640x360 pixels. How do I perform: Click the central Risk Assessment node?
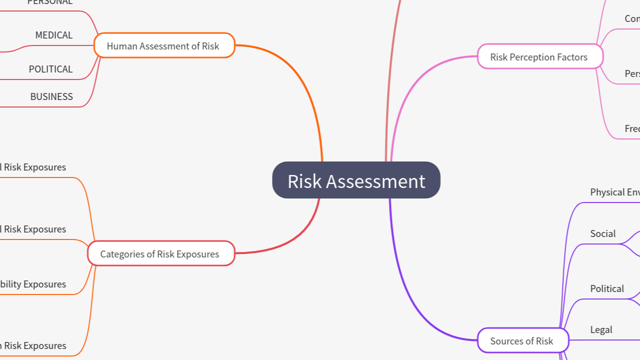point(356,180)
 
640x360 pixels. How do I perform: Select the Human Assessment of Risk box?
point(164,46)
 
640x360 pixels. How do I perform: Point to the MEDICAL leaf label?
point(54,35)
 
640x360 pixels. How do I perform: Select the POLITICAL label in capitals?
point(50,69)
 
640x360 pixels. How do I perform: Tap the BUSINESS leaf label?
point(51,97)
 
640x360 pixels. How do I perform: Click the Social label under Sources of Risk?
point(602,234)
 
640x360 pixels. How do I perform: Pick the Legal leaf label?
point(601,330)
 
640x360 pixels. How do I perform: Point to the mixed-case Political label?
point(607,289)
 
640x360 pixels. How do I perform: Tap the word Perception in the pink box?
point(533,57)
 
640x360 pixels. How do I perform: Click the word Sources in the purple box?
point(506,341)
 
